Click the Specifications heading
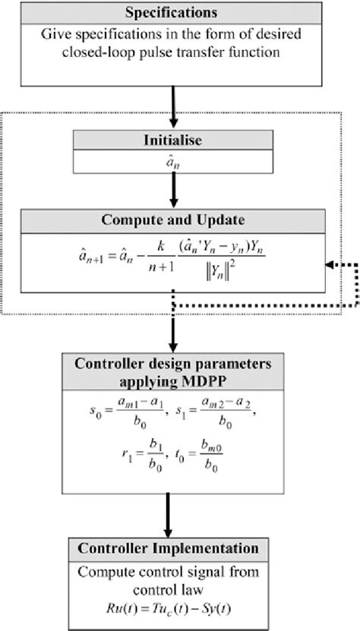point(173,14)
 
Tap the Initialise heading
point(174,140)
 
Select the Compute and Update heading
point(174,220)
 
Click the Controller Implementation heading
point(174,549)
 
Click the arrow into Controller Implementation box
point(174,513)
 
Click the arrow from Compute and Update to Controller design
point(174,319)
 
